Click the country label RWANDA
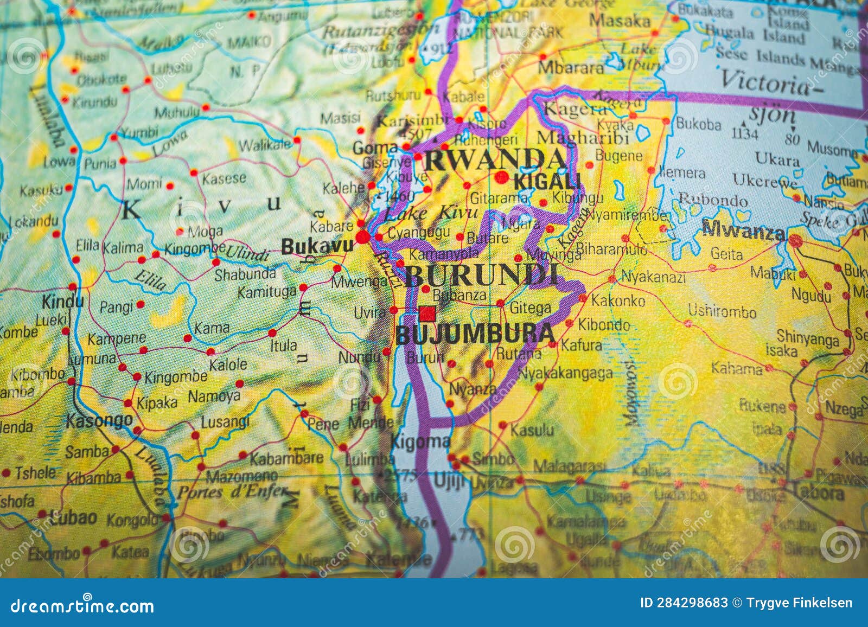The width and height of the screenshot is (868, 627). [x=495, y=160]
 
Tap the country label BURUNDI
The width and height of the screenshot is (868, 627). [x=481, y=276]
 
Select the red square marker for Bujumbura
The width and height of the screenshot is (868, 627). [x=427, y=313]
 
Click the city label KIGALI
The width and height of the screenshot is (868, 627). [x=547, y=182]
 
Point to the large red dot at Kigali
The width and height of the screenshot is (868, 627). [x=502, y=177]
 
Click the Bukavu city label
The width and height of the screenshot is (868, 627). [x=317, y=247]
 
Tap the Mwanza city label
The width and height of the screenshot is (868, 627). [x=743, y=232]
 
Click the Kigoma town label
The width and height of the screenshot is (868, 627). [x=420, y=442]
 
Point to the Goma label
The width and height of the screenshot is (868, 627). [x=375, y=148]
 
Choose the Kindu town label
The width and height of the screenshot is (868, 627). [x=62, y=302]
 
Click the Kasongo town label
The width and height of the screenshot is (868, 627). [x=99, y=420]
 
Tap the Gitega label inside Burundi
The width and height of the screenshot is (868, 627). [x=530, y=308]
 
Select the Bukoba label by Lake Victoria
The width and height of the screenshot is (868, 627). [x=698, y=124]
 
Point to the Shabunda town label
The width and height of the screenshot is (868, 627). [x=245, y=274]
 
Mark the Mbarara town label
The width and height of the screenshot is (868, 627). [x=571, y=68]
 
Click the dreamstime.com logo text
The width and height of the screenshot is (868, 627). [x=82, y=606]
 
